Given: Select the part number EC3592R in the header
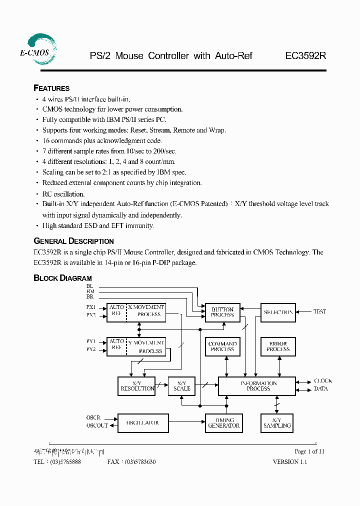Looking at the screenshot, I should [305, 56].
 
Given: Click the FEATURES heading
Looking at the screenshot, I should [51, 88].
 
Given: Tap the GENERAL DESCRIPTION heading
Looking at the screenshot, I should [73, 241].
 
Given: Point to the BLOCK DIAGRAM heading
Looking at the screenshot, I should [62, 278].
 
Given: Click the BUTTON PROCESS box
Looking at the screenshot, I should [222, 312].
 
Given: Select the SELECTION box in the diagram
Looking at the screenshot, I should [278, 312].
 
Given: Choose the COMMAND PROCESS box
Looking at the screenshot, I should [222, 346].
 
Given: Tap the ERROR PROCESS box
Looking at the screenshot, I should [278, 346].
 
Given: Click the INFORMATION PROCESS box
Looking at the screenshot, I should [258, 386].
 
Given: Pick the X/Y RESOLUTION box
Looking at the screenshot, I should [137, 386].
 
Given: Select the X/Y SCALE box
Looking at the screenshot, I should [181, 386].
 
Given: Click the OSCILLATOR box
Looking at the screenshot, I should [142, 423].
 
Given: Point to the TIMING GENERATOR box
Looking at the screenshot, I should [223, 423].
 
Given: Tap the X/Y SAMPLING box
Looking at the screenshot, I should [277, 423].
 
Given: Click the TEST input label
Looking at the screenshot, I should [319, 311].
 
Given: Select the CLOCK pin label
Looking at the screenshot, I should [322, 381].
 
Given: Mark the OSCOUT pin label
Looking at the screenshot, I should [97, 426].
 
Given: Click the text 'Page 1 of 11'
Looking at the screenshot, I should [309, 451].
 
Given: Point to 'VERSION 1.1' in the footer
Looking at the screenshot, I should [289, 462].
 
